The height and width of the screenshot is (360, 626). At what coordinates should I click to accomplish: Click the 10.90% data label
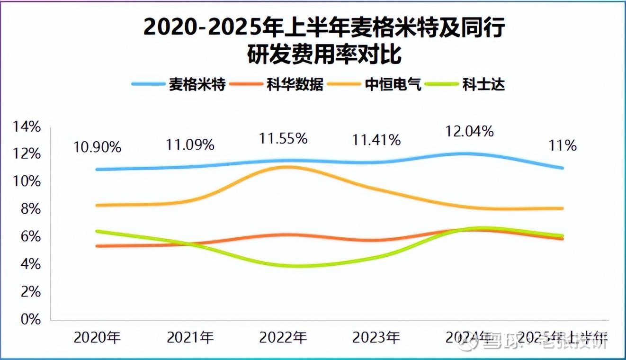(97, 147)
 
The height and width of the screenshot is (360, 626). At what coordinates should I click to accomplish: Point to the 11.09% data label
(190, 144)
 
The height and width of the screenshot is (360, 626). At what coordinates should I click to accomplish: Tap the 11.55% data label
(283, 138)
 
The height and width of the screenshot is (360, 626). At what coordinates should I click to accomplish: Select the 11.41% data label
(376, 140)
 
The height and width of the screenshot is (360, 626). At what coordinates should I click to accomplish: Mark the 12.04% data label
(469, 131)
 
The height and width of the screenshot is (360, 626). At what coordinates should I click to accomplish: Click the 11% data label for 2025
(563, 145)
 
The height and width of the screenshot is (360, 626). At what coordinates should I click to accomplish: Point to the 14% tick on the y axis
(27, 127)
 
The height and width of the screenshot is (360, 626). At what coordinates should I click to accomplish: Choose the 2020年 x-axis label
(97, 338)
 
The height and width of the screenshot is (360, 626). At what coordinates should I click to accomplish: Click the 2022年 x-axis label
(283, 338)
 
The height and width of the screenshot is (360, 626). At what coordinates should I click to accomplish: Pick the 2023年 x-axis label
(376, 338)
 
